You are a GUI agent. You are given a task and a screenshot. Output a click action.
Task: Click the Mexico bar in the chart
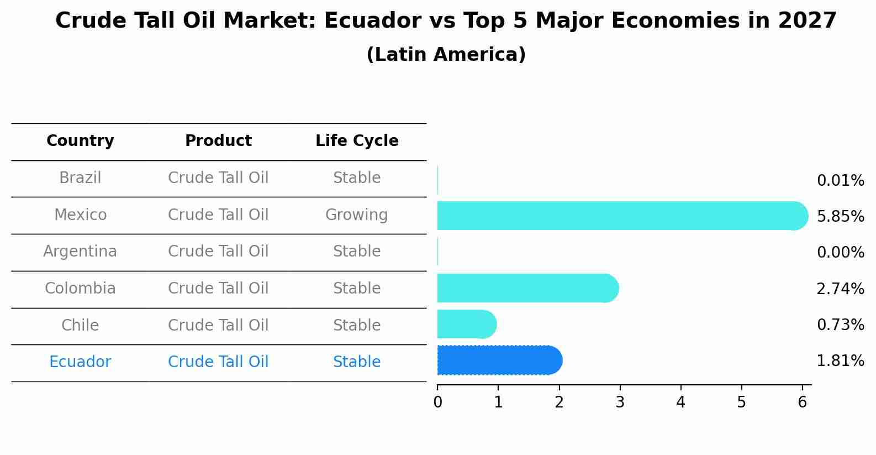pyautogui.click(x=619, y=216)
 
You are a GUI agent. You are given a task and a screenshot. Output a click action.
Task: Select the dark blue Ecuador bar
pyautogui.click(x=497, y=360)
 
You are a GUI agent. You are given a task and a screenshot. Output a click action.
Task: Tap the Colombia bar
pyautogui.click(x=525, y=288)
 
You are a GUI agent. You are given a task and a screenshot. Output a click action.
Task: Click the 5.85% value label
pyautogui.click(x=840, y=216)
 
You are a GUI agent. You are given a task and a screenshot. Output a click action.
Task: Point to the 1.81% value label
pyautogui.click(x=840, y=361)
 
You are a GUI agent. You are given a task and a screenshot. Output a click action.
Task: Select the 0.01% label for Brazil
pyautogui.click(x=840, y=181)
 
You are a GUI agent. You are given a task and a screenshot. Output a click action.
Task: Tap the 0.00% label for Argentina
pyautogui.click(x=840, y=253)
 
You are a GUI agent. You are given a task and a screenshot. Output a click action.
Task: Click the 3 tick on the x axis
pyautogui.click(x=620, y=402)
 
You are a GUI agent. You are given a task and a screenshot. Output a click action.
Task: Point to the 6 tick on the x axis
pyautogui.click(x=802, y=402)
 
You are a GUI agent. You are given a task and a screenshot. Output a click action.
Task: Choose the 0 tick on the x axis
pyautogui.click(x=437, y=402)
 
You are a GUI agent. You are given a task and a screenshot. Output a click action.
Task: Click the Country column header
pyautogui.click(x=80, y=141)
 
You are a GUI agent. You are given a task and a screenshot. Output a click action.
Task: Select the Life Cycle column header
pyautogui.click(x=357, y=141)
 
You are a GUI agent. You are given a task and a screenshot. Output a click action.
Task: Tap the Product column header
pyautogui.click(x=218, y=141)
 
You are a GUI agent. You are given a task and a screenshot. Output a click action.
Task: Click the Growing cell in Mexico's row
pyautogui.click(x=356, y=215)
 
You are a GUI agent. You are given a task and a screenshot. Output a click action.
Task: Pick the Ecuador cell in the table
pyautogui.click(x=80, y=362)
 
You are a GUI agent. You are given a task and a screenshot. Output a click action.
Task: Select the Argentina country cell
pyautogui.click(x=80, y=252)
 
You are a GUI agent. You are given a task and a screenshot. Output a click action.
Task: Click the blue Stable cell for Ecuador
pyautogui.click(x=356, y=362)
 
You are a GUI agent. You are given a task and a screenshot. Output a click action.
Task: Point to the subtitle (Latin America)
pyautogui.click(x=446, y=55)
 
